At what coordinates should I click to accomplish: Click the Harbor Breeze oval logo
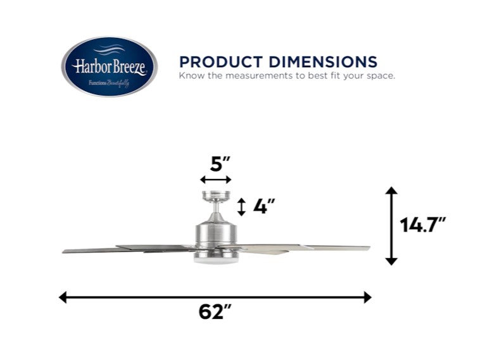(x=110, y=66)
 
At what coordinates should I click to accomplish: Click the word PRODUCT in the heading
(x=221, y=62)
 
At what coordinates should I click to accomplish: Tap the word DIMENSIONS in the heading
(x=323, y=62)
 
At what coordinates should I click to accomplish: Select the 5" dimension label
(x=220, y=164)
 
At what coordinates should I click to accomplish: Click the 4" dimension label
(x=263, y=206)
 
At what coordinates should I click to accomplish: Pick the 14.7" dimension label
(x=422, y=225)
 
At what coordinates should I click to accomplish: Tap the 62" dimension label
(x=215, y=312)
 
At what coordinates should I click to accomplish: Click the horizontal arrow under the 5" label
(x=215, y=180)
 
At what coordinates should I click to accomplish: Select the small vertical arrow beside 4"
(x=241, y=207)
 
